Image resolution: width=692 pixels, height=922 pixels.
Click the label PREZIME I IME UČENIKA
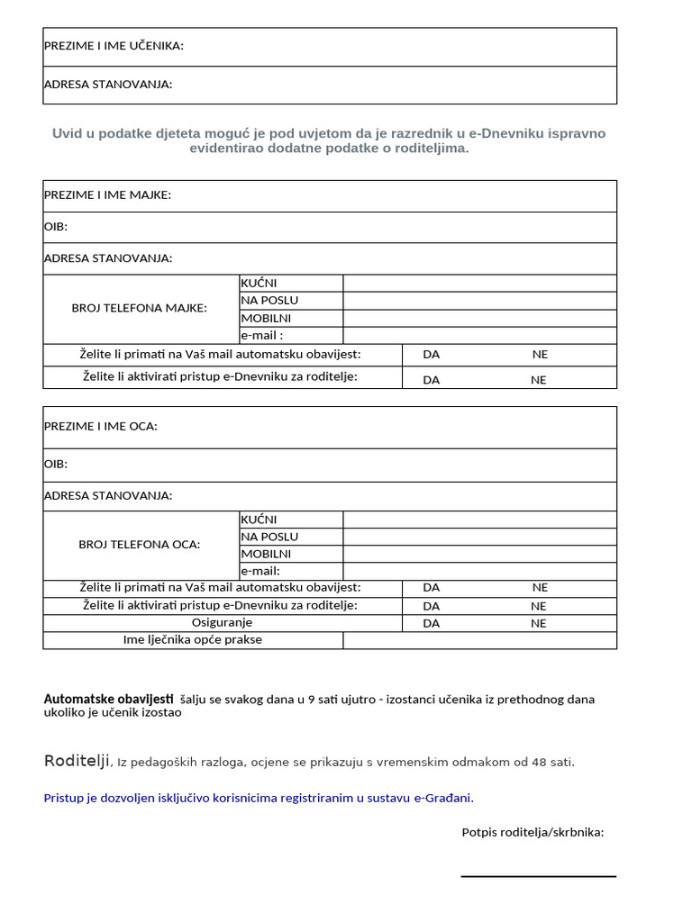coord(114,46)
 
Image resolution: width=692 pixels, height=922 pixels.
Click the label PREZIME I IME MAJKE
coord(107,195)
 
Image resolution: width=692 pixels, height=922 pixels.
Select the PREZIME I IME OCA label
coord(100,426)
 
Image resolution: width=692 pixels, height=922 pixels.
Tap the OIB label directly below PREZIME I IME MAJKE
coord(56,227)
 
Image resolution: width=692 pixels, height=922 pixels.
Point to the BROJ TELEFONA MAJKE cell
coord(140,308)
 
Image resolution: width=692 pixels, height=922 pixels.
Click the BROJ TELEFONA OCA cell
coord(140,545)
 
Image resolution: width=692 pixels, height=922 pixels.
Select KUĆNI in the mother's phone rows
coord(259,283)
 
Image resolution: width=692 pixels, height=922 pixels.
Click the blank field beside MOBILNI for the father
coord(479,554)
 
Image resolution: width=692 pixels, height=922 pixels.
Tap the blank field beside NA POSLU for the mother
coord(479,300)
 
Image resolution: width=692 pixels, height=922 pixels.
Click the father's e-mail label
coord(260,571)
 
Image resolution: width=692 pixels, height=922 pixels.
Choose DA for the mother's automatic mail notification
coord(432,354)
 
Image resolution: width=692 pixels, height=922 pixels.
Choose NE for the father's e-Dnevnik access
coord(539,606)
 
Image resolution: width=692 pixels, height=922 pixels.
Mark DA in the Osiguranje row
coord(432,623)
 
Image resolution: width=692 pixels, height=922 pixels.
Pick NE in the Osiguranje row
coord(539,623)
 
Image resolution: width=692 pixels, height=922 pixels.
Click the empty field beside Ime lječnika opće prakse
coord(479,640)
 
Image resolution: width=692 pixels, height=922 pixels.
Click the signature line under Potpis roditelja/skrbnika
coord(538,875)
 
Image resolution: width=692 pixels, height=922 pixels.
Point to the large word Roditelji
coord(77,761)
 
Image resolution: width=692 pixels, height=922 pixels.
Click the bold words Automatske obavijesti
coord(108,699)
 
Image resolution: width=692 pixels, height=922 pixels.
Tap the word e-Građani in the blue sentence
coord(442,797)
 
